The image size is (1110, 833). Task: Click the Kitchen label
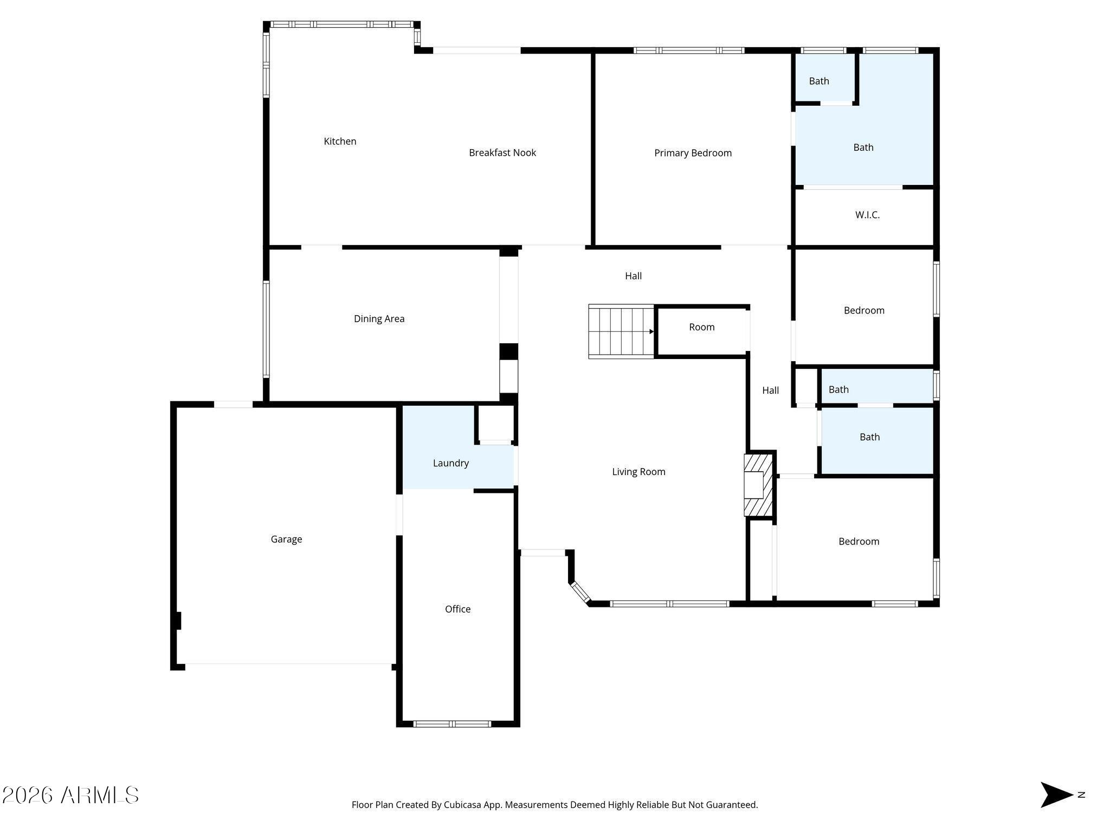pyautogui.click(x=340, y=142)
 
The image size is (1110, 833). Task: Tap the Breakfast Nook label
pyautogui.click(x=502, y=153)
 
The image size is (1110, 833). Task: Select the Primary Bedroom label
pyautogui.click(x=693, y=153)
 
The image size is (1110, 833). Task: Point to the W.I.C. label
pyautogui.click(x=867, y=215)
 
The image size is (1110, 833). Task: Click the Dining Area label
pyautogui.click(x=379, y=319)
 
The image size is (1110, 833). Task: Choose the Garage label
pyautogui.click(x=286, y=540)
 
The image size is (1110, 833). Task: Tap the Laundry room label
pyautogui.click(x=450, y=463)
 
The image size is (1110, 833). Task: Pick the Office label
pyautogui.click(x=457, y=609)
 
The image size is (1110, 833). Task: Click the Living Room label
pyautogui.click(x=638, y=472)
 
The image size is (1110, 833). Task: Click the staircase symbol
pyautogui.click(x=621, y=331)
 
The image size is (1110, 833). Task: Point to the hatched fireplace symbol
pyautogui.click(x=758, y=485)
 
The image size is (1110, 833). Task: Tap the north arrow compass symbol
pyautogui.click(x=1056, y=795)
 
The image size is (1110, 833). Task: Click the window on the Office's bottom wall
pyautogui.click(x=452, y=723)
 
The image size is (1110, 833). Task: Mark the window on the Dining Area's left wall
pyautogui.click(x=266, y=329)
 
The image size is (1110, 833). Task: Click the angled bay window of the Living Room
pyautogui.click(x=580, y=592)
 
